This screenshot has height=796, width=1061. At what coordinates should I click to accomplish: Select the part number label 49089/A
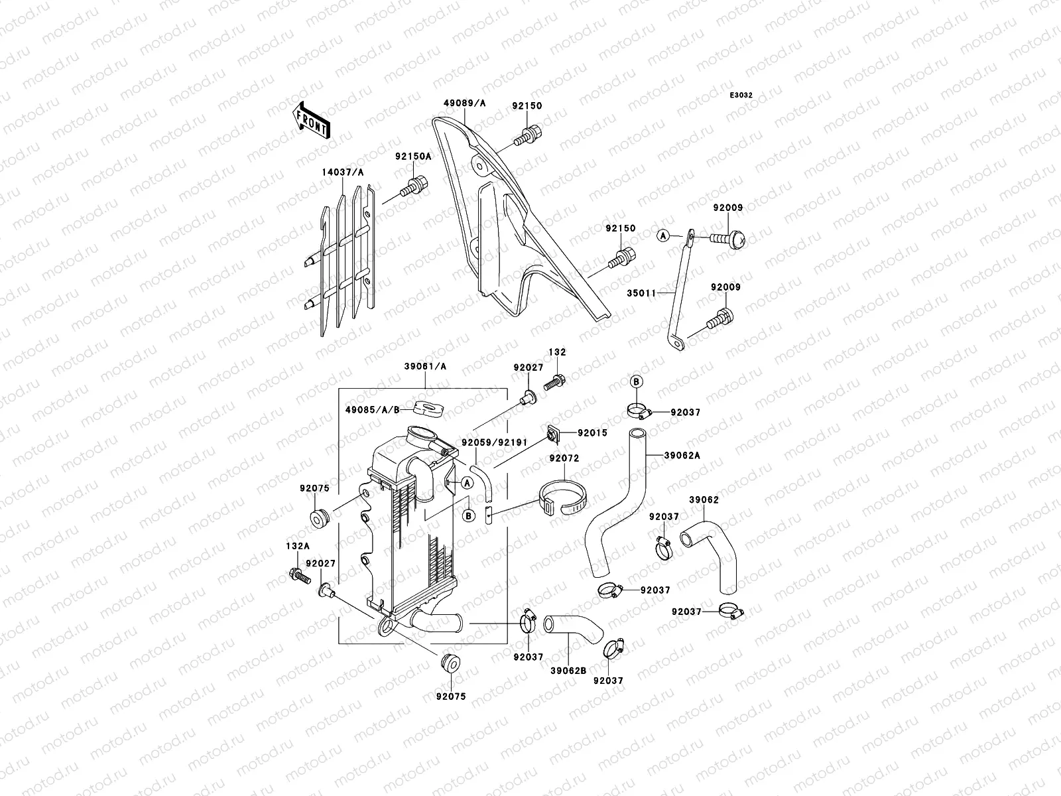coord(465,103)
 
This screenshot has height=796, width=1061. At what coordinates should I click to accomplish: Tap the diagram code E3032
coord(741,96)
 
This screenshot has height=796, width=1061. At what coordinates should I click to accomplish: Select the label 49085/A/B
coord(373,409)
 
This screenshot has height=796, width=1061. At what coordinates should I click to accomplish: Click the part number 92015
coord(592,432)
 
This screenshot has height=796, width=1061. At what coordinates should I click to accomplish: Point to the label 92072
coord(564,458)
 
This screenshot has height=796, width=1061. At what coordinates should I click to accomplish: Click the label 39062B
coord(568,670)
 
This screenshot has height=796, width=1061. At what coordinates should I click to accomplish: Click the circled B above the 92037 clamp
coord(635,381)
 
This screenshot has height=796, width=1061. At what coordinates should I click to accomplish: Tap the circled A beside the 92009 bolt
coord(662,235)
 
